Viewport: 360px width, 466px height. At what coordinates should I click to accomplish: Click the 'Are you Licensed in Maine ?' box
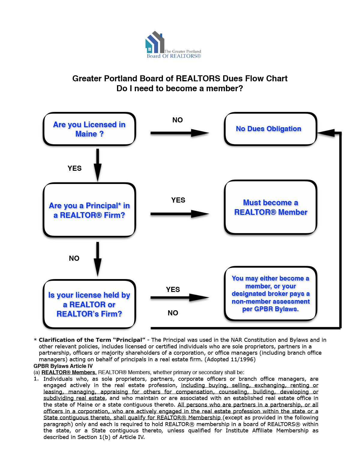(89, 129)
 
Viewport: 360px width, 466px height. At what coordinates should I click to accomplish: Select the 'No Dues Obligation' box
(270, 129)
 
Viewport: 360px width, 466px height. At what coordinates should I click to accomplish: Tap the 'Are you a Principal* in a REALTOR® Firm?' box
(89, 210)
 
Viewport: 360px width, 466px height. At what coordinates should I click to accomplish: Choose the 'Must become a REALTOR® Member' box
(270, 207)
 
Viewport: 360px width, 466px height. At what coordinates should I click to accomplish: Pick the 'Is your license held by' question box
(89, 304)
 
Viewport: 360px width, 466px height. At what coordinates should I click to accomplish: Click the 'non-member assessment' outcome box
(270, 293)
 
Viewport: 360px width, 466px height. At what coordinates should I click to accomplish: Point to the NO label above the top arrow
(178, 120)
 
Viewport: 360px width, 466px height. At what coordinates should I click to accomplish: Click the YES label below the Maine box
(75, 168)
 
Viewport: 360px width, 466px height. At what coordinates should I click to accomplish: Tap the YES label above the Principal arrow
(178, 200)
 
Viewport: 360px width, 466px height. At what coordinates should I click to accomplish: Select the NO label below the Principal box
(74, 258)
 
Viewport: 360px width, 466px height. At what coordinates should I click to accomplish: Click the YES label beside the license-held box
(173, 290)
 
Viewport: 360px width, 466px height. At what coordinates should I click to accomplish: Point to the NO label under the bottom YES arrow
(173, 313)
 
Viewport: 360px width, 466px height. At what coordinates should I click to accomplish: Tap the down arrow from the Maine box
(97, 165)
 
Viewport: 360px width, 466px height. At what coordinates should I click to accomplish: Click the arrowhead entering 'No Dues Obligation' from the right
(326, 133)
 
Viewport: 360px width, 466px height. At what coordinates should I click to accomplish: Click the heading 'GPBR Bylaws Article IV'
(63, 366)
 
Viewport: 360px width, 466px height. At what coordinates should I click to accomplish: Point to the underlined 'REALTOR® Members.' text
(69, 372)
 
